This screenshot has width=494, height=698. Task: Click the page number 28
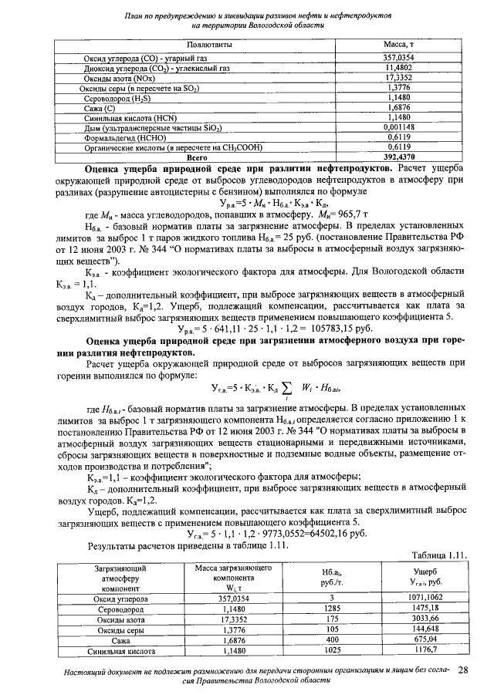pyautogui.click(x=464, y=670)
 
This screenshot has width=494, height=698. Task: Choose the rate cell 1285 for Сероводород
pyautogui.click(x=330, y=608)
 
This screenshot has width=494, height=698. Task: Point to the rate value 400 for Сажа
pyautogui.click(x=330, y=639)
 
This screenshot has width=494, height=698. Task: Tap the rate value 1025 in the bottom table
pyautogui.click(x=330, y=650)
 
